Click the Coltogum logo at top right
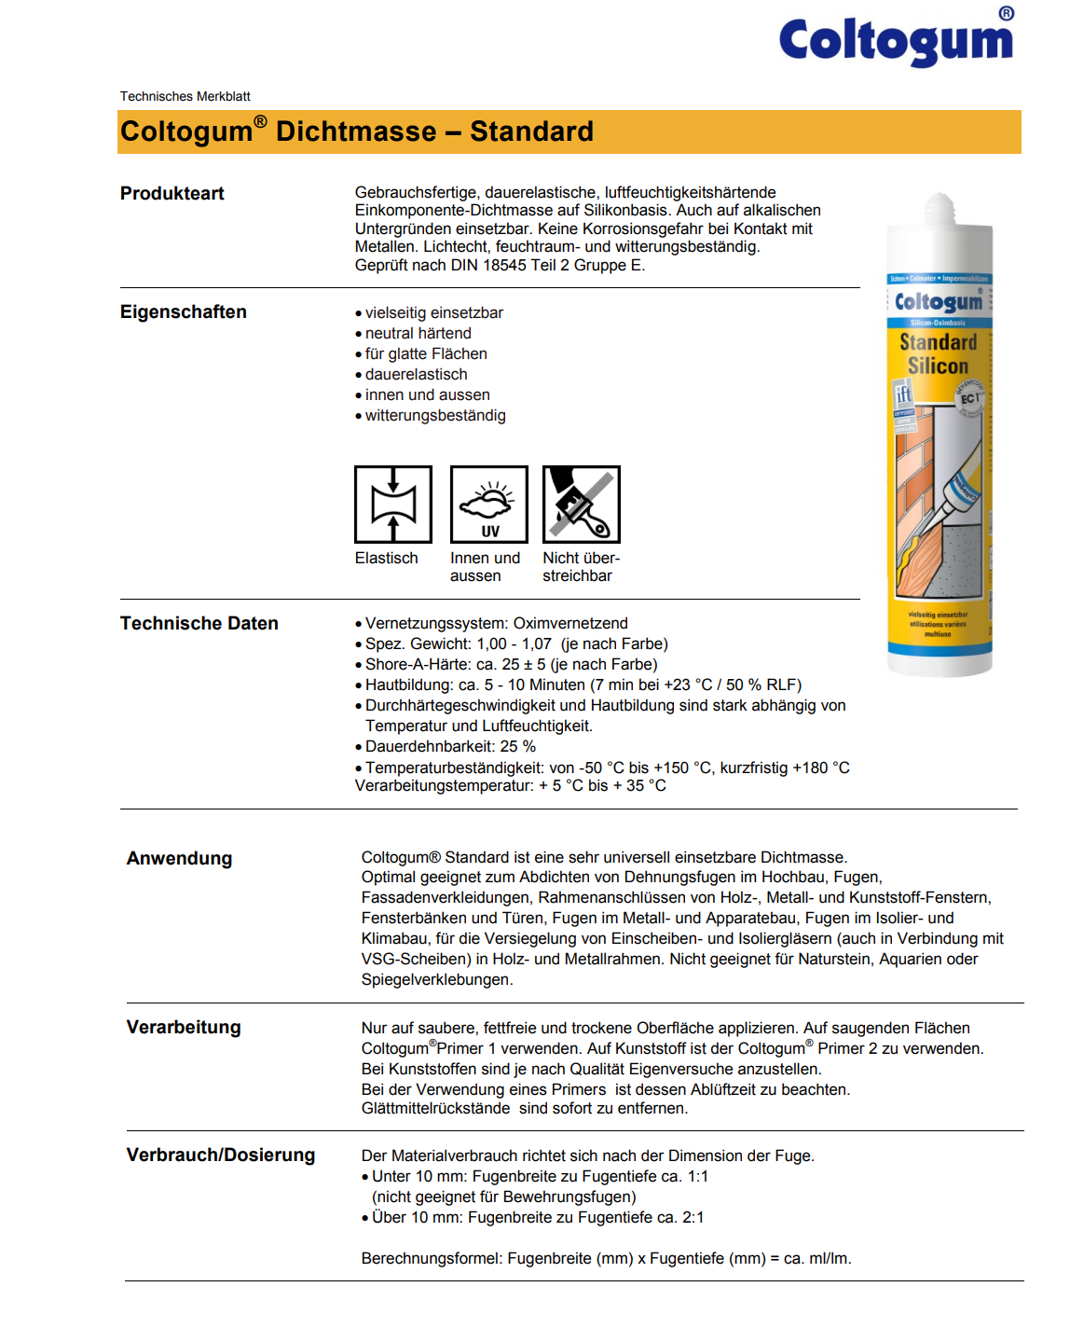(x=896, y=41)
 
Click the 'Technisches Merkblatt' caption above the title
(x=185, y=96)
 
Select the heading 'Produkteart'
(x=172, y=194)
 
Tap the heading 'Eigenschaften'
(x=184, y=312)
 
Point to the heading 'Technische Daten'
(x=199, y=624)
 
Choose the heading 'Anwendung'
(x=180, y=859)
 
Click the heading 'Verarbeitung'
(x=184, y=1028)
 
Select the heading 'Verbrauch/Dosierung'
(x=221, y=1155)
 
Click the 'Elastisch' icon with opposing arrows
(x=393, y=505)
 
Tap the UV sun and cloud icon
(x=489, y=505)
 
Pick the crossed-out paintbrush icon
(x=582, y=505)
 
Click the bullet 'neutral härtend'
(x=418, y=334)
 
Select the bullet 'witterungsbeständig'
(x=435, y=416)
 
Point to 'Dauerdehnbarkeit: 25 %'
(x=450, y=747)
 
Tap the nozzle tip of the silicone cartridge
(x=940, y=201)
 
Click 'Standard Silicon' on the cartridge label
(x=939, y=354)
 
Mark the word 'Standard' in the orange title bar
(x=531, y=131)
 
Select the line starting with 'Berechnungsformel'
(x=606, y=1259)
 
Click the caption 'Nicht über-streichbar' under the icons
(x=581, y=567)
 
